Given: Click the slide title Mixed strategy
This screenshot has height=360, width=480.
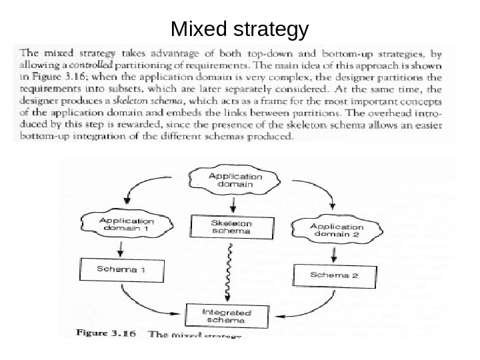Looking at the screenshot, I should (x=240, y=30).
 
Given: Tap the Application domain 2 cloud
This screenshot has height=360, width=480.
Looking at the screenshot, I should (x=337, y=231).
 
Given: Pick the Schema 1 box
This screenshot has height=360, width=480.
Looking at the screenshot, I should (x=121, y=270).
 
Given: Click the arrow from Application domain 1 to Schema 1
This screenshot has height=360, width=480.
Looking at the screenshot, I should (x=121, y=249).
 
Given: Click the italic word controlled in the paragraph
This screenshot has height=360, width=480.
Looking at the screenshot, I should (x=90, y=65).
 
